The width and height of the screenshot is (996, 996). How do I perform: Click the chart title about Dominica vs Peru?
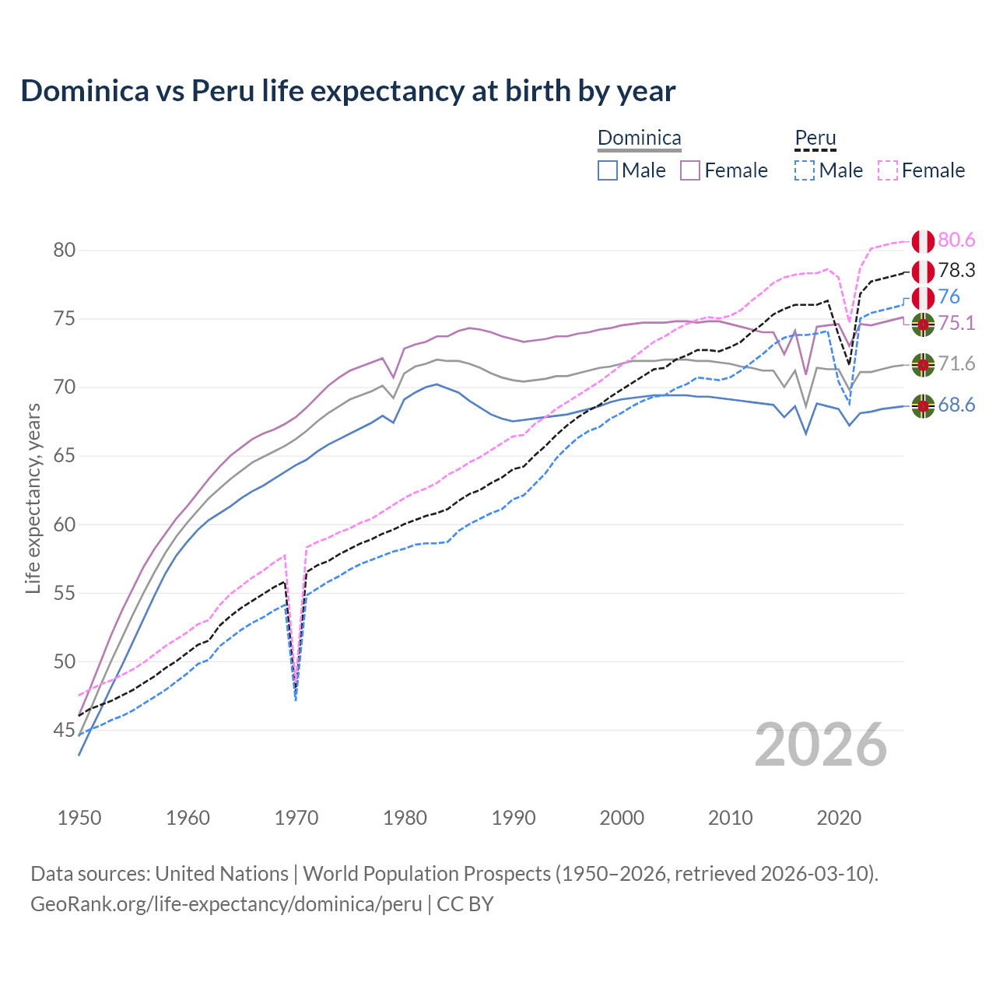348,91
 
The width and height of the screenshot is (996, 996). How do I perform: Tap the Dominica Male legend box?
608,170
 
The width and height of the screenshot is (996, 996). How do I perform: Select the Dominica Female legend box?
690,170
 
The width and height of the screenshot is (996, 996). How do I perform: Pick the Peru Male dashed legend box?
805,170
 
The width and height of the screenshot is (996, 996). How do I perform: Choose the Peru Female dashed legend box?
887,170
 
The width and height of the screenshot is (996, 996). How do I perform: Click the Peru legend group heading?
815,139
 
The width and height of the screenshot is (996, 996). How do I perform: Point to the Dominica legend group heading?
639,139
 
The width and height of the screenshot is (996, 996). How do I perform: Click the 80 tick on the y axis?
65,251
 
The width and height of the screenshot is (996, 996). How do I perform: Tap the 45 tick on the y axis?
65,731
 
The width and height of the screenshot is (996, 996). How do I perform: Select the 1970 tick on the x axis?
296,818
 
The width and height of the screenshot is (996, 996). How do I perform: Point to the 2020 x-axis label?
839,818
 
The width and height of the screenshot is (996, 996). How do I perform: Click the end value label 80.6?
956,240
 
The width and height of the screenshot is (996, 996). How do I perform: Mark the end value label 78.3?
956,271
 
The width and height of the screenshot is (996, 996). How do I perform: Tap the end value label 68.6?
956,405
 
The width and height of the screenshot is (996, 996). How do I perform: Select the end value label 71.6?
956,364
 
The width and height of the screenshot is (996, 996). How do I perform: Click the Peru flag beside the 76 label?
923,298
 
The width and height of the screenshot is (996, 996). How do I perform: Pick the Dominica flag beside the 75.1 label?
923,324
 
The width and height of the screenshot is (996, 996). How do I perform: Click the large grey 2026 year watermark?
821,745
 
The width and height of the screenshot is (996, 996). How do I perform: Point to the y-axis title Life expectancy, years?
33,499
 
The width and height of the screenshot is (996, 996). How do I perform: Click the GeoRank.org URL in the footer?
226,904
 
